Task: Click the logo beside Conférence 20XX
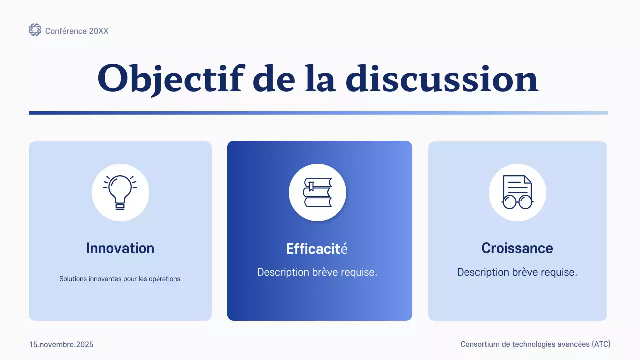tap(35, 30)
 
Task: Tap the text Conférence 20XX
tap(77, 31)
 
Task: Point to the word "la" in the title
tap(320, 79)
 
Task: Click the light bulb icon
tap(120, 192)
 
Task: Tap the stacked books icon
tap(317, 192)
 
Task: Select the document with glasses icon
tap(517, 192)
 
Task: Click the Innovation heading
tap(120, 248)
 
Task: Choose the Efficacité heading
tap(317, 249)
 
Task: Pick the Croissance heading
tap(517, 248)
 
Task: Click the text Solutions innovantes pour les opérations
tap(120, 279)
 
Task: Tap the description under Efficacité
tap(317, 272)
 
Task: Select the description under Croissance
tap(517, 272)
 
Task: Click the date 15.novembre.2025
tap(61, 345)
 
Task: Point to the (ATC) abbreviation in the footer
tap(601, 344)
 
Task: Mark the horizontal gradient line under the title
tap(318, 113)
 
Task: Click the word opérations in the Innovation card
tap(164, 279)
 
